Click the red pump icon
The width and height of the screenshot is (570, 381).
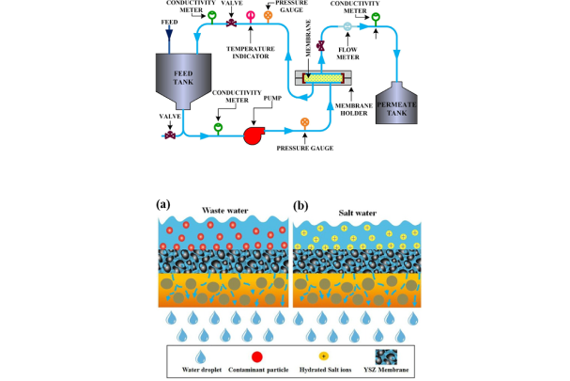click(254, 135)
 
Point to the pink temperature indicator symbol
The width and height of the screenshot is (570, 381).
click(250, 16)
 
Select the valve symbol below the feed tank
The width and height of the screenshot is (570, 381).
click(170, 135)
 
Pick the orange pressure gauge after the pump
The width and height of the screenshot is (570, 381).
click(304, 122)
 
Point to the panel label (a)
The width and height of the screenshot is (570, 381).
click(162, 204)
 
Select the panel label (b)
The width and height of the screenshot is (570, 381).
click(301, 204)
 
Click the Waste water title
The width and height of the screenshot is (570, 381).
click(223, 211)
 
